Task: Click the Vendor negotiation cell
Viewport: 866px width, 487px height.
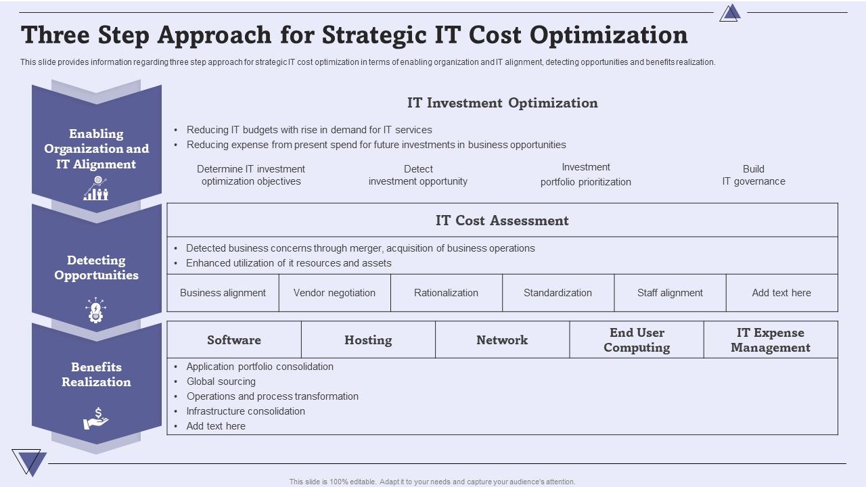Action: pyautogui.click(x=334, y=293)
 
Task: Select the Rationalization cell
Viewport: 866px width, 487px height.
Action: pyautogui.click(x=446, y=293)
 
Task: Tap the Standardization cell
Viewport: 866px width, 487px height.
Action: pyautogui.click(x=558, y=293)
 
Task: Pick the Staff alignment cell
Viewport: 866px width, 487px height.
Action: pyautogui.click(x=670, y=293)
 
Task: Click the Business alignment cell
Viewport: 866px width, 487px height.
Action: pyautogui.click(x=223, y=293)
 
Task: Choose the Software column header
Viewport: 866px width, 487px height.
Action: pyautogui.click(x=234, y=340)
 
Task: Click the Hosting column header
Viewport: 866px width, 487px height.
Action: pyautogui.click(x=368, y=340)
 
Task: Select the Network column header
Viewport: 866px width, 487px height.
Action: pyautogui.click(x=502, y=340)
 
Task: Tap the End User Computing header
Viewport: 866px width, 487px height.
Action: pyautogui.click(x=637, y=340)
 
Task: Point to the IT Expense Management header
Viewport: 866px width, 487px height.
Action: pyautogui.click(x=771, y=340)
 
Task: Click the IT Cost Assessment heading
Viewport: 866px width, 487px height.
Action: pyautogui.click(x=502, y=221)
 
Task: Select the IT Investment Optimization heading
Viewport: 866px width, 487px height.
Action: pyautogui.click(x=502, y=103)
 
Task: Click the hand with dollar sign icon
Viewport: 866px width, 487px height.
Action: pyautogui.click(x=96, y=418)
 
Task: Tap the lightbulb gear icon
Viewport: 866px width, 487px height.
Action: pyautogui.click(x=95, y=310)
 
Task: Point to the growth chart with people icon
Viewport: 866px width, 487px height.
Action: pyautogui.click(x=96, y=188)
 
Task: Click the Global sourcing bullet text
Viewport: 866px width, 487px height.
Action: pyautogui.click(x=221, y=381)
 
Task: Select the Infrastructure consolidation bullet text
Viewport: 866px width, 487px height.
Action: pyautogui.click(x=246, y=411)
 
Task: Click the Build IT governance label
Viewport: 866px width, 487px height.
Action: pyautogui.click(x=754, y=175)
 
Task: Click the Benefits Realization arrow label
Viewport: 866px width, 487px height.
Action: pyautogui.click(x=96, y=374)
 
